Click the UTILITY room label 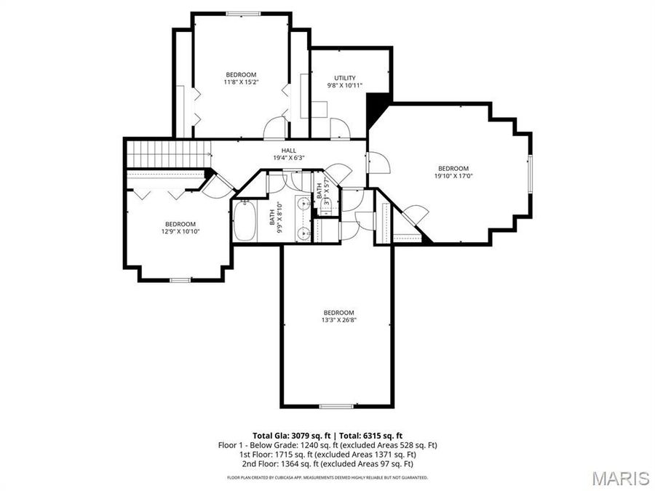coord(344,78)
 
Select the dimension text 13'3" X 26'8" coord(338,319)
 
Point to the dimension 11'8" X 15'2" coord(241,82)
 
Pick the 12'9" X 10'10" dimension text coord(180,231)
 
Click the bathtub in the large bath coord(245,221)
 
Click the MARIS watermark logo coord(620,478)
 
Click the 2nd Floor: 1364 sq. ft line coord(327,463)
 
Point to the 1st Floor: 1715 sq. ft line coord(327,454)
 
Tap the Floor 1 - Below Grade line coord(327,444)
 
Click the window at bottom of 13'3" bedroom coord(337,406)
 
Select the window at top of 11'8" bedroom coord(241,14)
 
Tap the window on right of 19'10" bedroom coord(531,175)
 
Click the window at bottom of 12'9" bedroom coord(180,280)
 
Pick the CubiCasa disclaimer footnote coord(327,478)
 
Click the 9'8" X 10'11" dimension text coord(344,86)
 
